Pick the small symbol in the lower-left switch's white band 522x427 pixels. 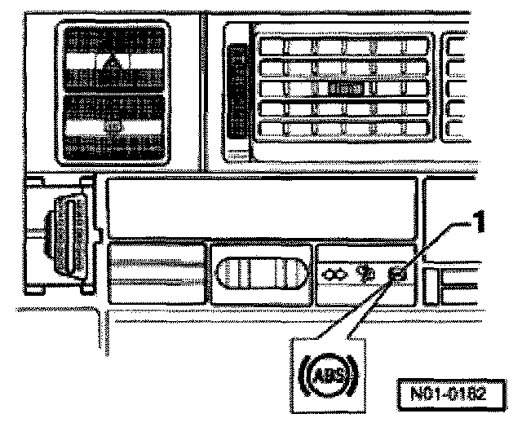(x=114, y=126)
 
